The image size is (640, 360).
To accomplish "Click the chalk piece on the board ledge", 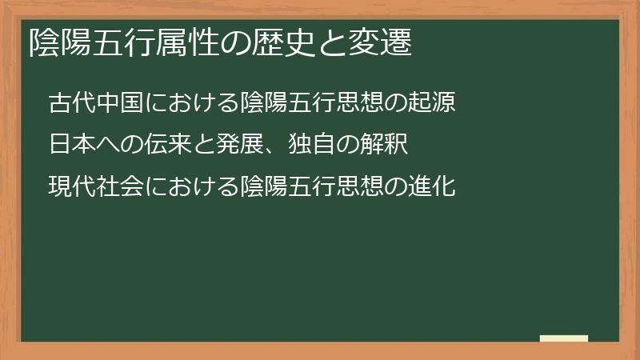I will point(564,338).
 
